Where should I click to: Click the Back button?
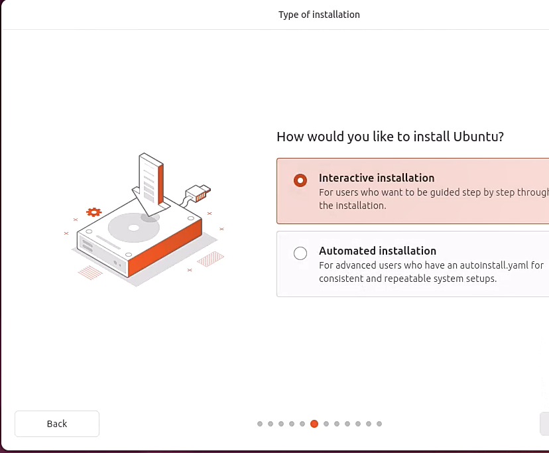tap(57, 424)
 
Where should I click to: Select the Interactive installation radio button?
tap(300, 180)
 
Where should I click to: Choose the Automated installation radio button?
tap(300, 253)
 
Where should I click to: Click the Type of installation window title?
tap(319, 15)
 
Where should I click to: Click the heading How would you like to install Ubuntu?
tap(390, 137)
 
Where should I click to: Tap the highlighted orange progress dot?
tap(314, 424)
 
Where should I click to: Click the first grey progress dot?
tap(260, 424)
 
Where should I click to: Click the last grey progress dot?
tap(379, 424)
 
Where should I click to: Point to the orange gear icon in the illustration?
tap(94, 212)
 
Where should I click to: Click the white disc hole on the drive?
tap(134, 227)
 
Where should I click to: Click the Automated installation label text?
tap(377, 251)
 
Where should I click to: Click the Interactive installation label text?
tap(377, 178)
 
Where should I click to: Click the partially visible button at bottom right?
tap(544, 424)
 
